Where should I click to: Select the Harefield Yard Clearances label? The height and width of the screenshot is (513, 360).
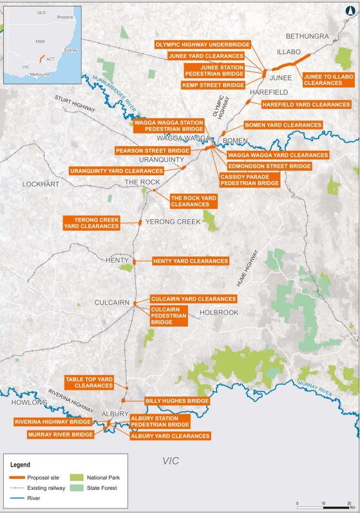pyautogui.click(x=305, y=104)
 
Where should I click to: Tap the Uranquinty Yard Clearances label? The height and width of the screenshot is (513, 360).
pyautogui.click(x=117, y=171)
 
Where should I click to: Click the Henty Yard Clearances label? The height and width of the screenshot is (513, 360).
pyautogui.click(x=190, y=261)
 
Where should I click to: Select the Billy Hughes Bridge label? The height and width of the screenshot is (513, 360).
pyautogui.click(x=177, y=400)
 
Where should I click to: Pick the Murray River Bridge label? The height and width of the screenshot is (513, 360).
pyautogui.click(x=60, y=434)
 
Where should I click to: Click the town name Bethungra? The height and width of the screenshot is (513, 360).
pyautogui.click(x=307, y=36)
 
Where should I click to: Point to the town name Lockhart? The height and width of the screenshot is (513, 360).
pyautogui.click(x=40, y=184)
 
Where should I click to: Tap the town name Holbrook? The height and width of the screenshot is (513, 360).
pyautogui.click(x=219, y=313)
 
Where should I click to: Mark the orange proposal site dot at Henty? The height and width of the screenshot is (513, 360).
pyautogui.click(x=135, y=261)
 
